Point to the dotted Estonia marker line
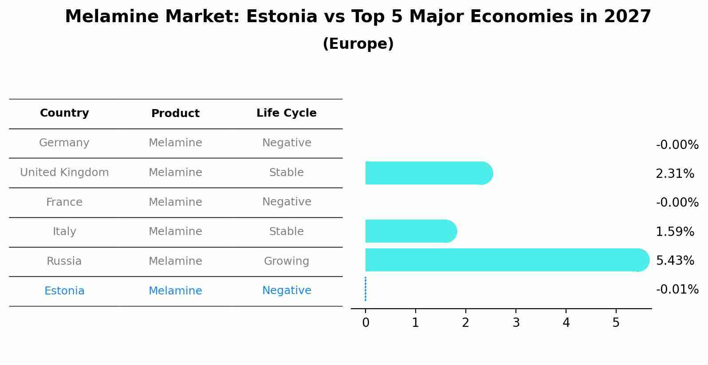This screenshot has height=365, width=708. [x=365, y=289]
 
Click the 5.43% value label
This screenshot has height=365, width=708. [x=675, y=260]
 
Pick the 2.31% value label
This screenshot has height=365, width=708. [x=675, y=174]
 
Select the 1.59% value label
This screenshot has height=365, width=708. [x=675, y=232]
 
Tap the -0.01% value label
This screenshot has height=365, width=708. [x=677, y=290]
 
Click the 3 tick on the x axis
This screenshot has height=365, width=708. [x=516, y=323]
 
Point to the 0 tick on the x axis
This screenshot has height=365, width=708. [x=366, y=323]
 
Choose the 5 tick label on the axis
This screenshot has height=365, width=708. [x=616, y=323]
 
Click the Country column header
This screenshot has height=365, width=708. [x=64, y=113]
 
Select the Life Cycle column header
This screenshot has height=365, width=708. [x=287, y=113]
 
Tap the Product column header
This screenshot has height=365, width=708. [x=175, y=114]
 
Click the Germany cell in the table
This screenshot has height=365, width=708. [x=64, y=143]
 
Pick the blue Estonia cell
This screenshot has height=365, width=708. [x=64, y=291]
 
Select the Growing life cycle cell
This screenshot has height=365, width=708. [x=287, y=261]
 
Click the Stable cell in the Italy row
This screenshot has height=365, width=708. [x=287, y=232]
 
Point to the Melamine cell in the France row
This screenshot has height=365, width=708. [x=175, y=202]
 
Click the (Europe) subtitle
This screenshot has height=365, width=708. [x=358, y=44]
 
